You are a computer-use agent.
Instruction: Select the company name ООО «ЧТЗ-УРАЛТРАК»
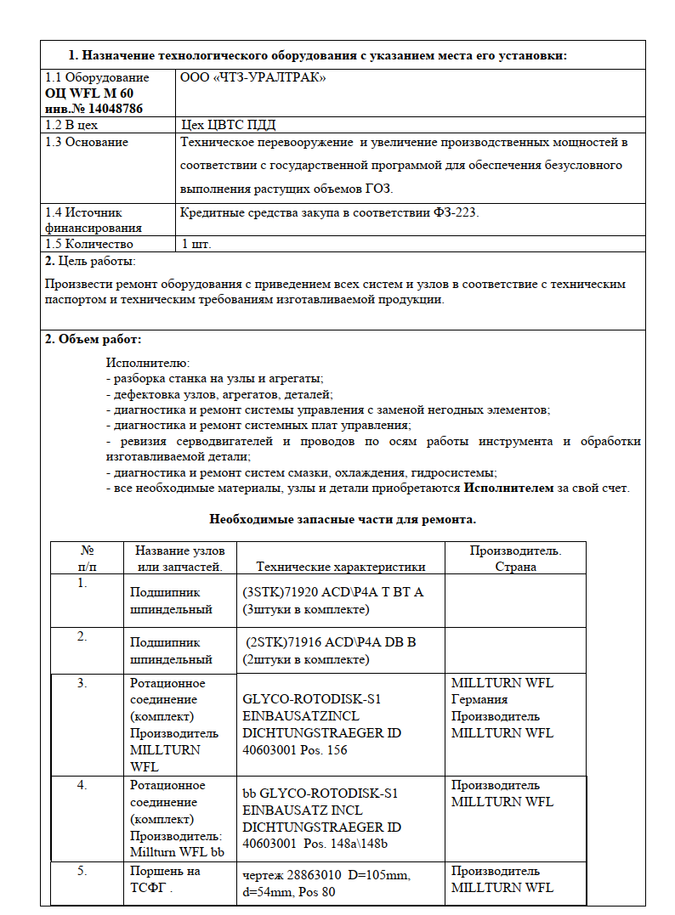pyautogui.click(x=253, y=77)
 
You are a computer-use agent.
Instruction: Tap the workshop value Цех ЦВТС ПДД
pyautogui.click(x=229, y=124)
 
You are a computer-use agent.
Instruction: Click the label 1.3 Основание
pyautogui.click(x=87, y=141)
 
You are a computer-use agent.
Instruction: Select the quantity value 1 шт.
pyautogui.click(x=196, y=244)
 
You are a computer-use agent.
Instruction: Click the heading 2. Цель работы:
pyautogui.click(x=90, y=260)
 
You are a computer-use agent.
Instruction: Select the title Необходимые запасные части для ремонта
pyautogui.click(x=343, y=518)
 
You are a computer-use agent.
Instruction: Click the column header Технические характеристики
pyautogui.click(x=340, y=567)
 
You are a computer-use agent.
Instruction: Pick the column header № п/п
pyautogui.click(x=87, y=558)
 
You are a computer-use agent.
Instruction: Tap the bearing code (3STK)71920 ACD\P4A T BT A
pyautogui.click(x=333, y=592)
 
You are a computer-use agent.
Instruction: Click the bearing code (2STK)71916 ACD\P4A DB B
pyautogui.click(x=331, y=642)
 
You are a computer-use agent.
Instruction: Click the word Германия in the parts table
pyautogui.click(x=479, y=699)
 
